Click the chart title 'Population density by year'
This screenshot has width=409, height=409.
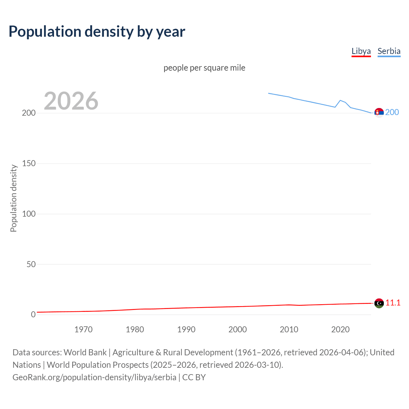pyautogui.click(x=97, y=32)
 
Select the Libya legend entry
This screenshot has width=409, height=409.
pyautogui.click(x=361, y=51)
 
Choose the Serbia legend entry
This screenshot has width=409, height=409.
pyautogui.click(x=389, y=51)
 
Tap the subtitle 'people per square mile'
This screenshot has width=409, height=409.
pyautogui.click(x=204, y=68)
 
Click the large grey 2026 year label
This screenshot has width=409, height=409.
pyautogui.click(x=71, y=101)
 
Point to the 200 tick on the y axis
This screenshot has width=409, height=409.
pyautogui.click(x=29, y=113)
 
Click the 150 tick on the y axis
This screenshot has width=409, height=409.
pyautogui.click(x=29, y=164)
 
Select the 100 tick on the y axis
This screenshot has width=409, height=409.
pyautogui.click(x=29, y=214)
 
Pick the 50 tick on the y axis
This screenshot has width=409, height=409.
pyautogui.click(x=31, y=264)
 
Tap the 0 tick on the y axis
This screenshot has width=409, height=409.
pyautogui.click(x=33, y=315)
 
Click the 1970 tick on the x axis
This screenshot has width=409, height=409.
pyautogui.click(x=83, y=329)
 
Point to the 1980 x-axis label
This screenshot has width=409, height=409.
pyautogui.click(x=135, y=329)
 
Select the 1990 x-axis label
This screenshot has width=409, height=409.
pyautogui.click(x=186, y=329)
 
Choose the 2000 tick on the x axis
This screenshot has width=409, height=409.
pyautogui.click(x=237, y=329)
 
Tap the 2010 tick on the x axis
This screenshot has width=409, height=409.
pyautogui.click(x=289, y=329)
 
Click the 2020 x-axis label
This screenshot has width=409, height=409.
pyautogui.click(x=340, y=329)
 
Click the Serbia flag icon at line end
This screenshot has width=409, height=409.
pyautogui.click(x=379, y=113)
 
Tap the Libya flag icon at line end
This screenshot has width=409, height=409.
pyautogui.click(x=379, y=303)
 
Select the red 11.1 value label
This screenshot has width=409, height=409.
pyautogui.click(x=393, y=303)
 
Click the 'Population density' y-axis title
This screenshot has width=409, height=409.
pyautogui.click(x=13, y=198)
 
